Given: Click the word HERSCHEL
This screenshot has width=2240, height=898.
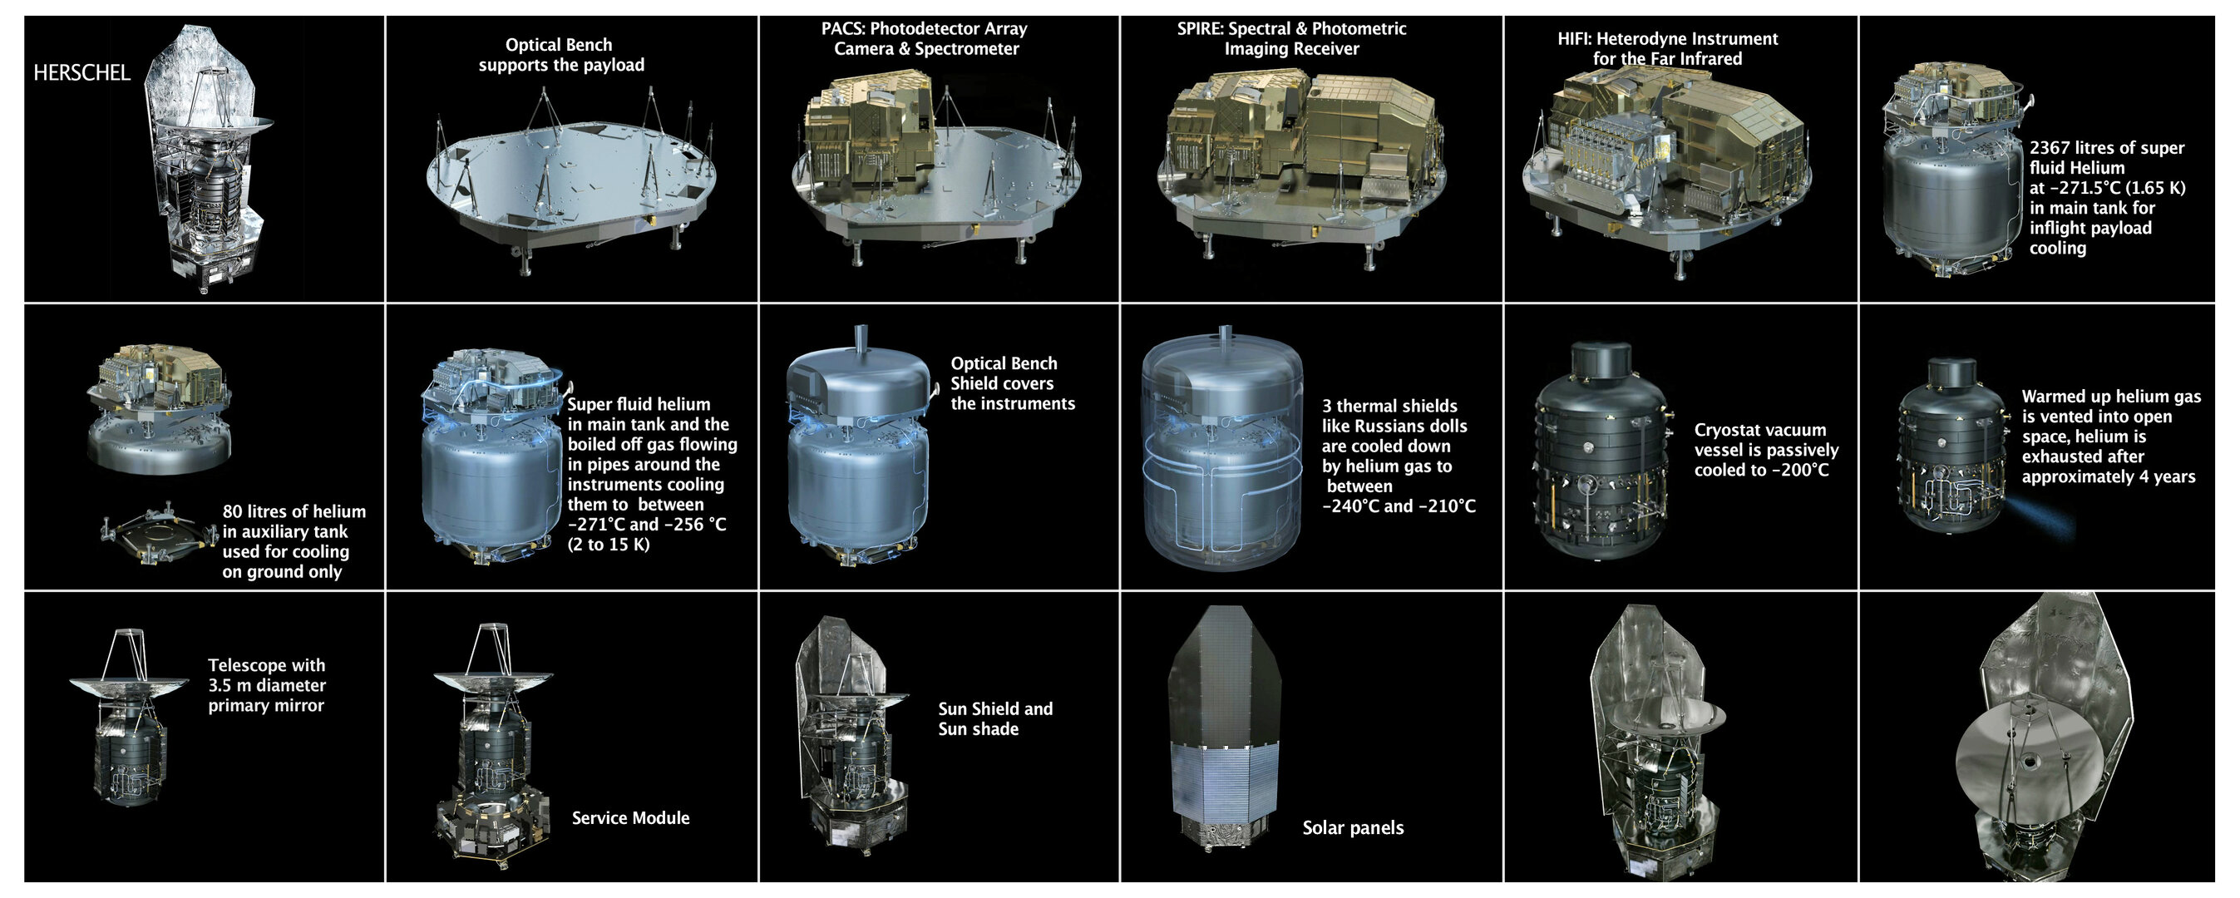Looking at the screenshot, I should (x=81, y=73).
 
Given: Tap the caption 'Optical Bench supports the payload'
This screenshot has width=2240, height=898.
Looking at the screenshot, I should (x=561, y=55).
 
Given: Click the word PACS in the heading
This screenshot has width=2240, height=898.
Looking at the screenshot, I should (x=841, y=29).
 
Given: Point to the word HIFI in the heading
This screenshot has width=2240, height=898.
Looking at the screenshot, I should (x=1574, y=39).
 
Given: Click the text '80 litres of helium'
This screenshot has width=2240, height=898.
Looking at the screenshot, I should (x=294, y=512).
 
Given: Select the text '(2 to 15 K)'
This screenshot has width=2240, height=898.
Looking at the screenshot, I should (x=609, y=545).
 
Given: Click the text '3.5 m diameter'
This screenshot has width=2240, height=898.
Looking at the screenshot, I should (x=266, y=685).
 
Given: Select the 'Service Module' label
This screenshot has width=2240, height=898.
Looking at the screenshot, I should (x=630, y=818).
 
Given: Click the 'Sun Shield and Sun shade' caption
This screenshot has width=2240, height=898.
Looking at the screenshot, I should (x=994, y=719).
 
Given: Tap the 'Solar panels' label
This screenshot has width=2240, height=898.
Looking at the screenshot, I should (x=1352, y=827).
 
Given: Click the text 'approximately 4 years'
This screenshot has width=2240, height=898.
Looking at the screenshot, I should (x=2108, y=476).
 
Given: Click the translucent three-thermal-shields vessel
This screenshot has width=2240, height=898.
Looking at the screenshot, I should (x=1221, y=452).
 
